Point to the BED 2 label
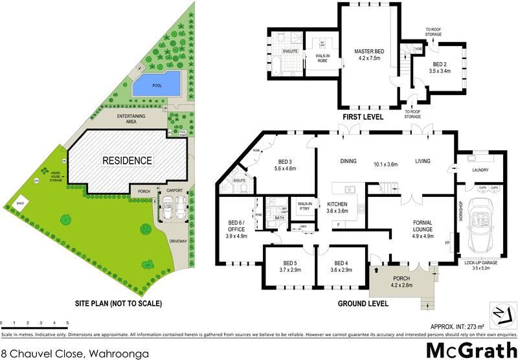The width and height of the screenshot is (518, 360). [x=440, y=67]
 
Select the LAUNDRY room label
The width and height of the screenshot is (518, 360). [x=479, y=171]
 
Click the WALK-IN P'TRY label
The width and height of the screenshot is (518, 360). [x=304, y=207]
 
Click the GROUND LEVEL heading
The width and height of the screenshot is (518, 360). [x=363, y=303]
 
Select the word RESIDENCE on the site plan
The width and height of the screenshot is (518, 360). [x=126, y=160]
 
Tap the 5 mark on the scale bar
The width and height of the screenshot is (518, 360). [x=67, y=322]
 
